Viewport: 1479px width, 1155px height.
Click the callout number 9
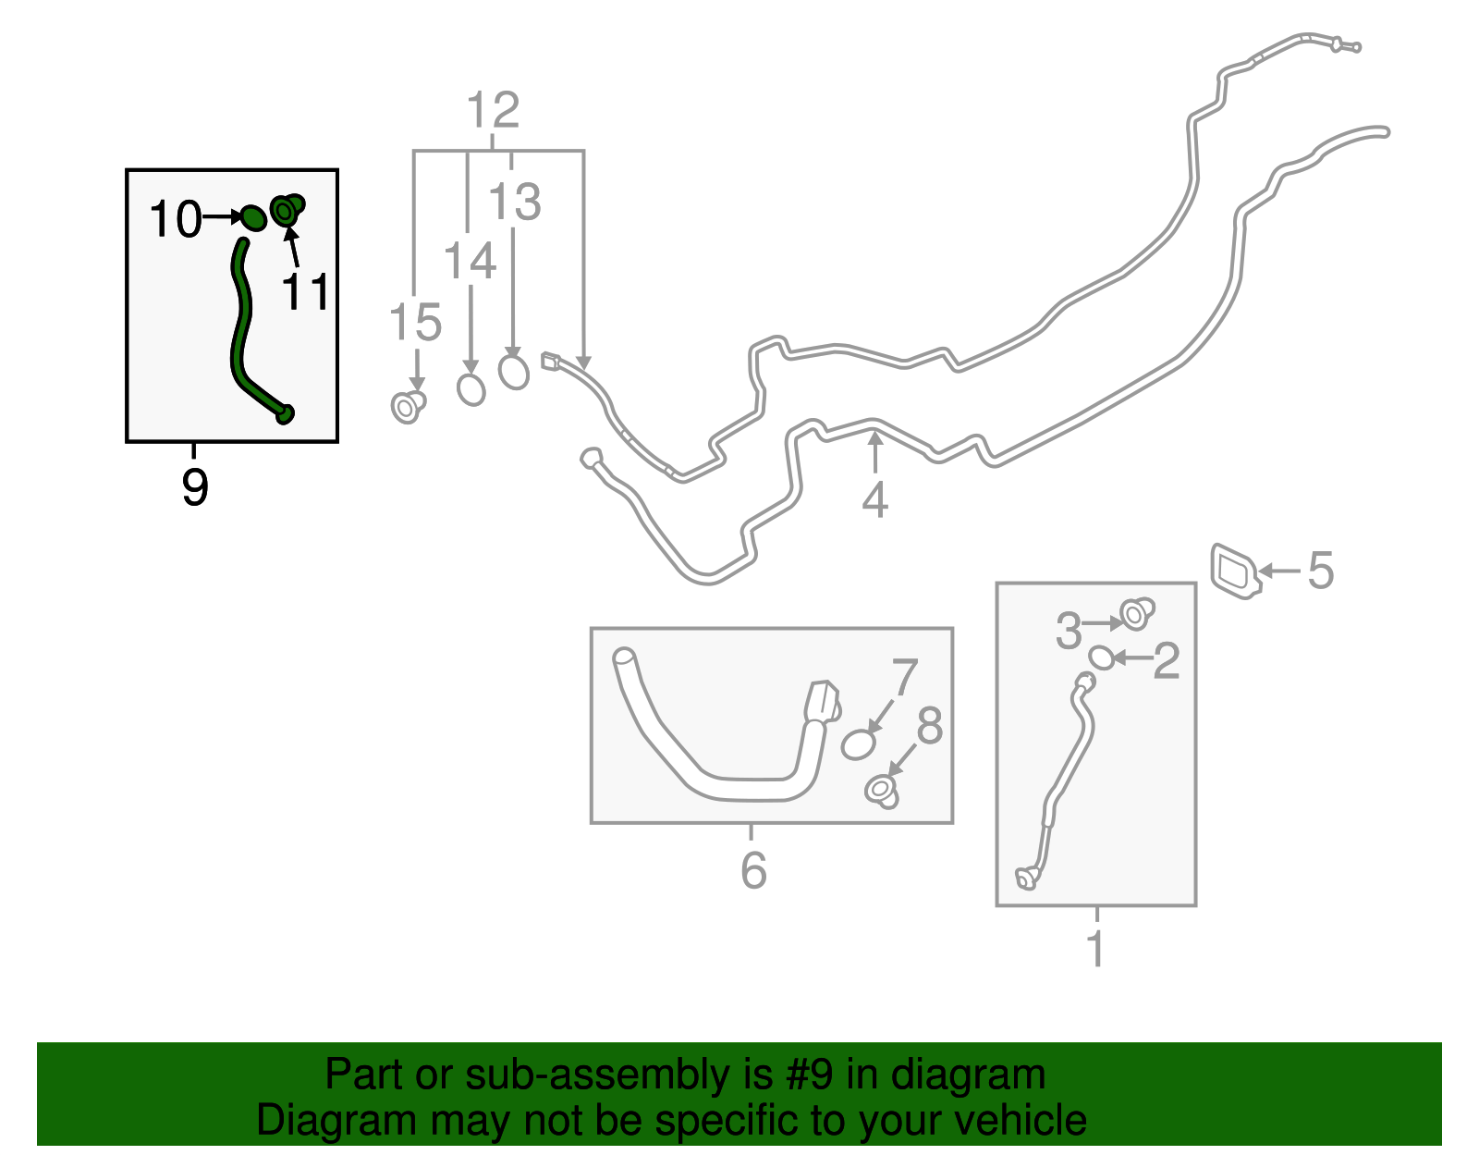coord(195,486)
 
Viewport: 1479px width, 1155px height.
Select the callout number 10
coord(175,220)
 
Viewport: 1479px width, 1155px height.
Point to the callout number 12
coord(493,111)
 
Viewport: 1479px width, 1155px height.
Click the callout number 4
coord(874,500)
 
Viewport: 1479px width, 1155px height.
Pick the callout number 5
coord(1321,570)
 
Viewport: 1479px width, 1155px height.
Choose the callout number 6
coord(753,870)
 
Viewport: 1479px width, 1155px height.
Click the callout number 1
coord(1096,949)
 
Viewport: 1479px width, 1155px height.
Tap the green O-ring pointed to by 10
coord(252,218)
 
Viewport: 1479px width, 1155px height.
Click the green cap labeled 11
coord(287,211)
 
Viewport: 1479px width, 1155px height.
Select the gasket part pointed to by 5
coord(1235,571)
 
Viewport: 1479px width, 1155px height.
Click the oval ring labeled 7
coord(858,744)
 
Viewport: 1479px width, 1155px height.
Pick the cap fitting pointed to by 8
coord(882,792)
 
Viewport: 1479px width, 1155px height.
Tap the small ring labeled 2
coord(1100,657)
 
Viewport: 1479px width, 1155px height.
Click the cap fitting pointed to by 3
coord(1136,613)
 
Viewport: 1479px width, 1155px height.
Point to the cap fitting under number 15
coord(408,406)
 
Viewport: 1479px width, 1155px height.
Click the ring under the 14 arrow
coord(471,389)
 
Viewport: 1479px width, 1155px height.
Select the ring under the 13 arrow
coord(514,372)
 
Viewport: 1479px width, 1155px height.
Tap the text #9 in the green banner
coord(810,1075)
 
